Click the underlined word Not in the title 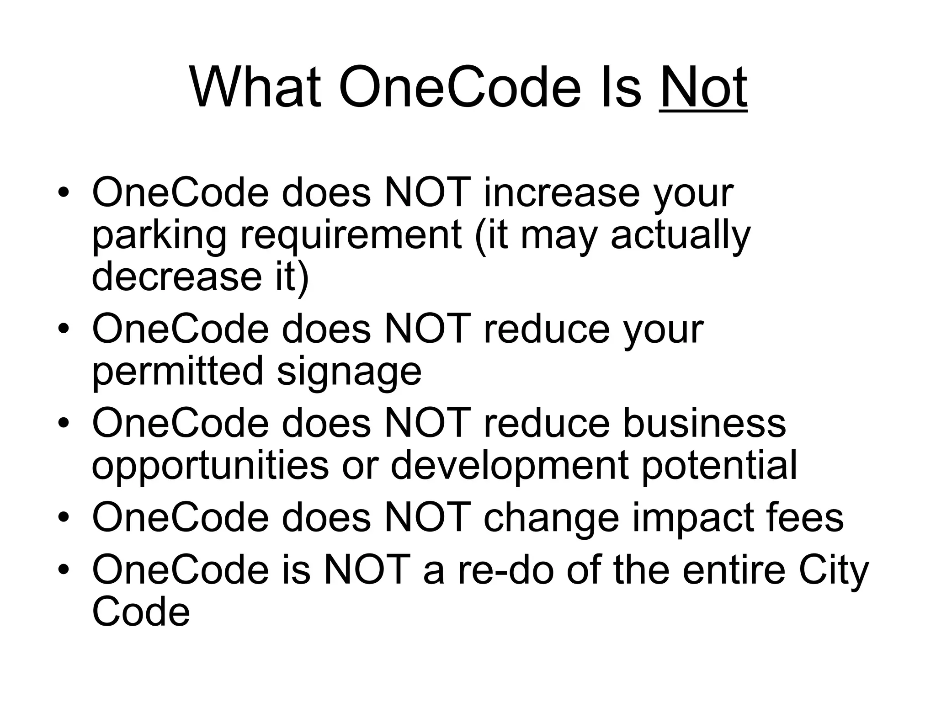[703, 87]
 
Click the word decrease [176, 277]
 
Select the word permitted [178, 371]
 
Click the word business [704, 423]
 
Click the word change [551, 518]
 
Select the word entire [734, 570]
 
